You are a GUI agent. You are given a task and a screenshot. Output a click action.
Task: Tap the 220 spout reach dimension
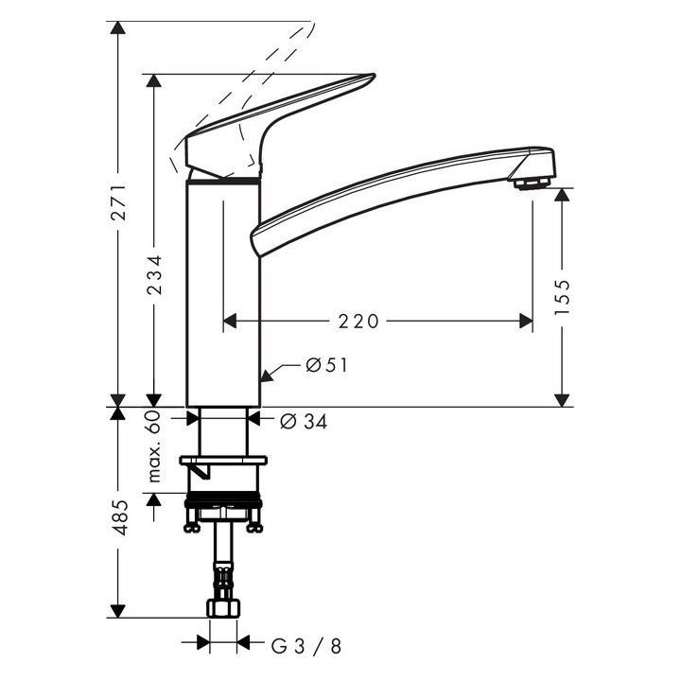tap(358, 322)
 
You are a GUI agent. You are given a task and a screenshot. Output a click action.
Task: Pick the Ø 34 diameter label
tap(304, 423)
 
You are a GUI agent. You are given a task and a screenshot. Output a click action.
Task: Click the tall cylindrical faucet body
tap(222, 293)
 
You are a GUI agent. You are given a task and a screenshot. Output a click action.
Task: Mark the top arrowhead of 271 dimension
tap(117, 28)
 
